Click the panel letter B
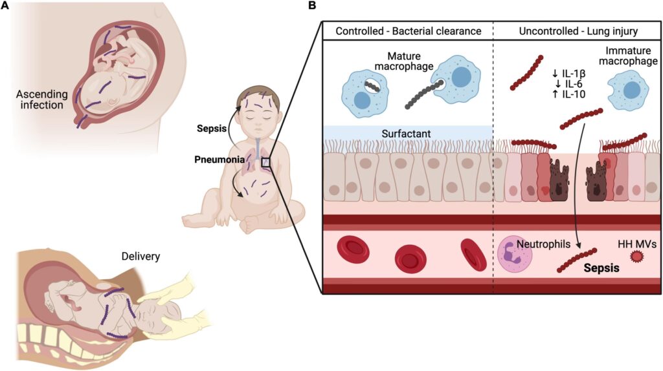312,6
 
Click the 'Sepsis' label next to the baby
211,128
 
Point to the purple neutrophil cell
515,253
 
